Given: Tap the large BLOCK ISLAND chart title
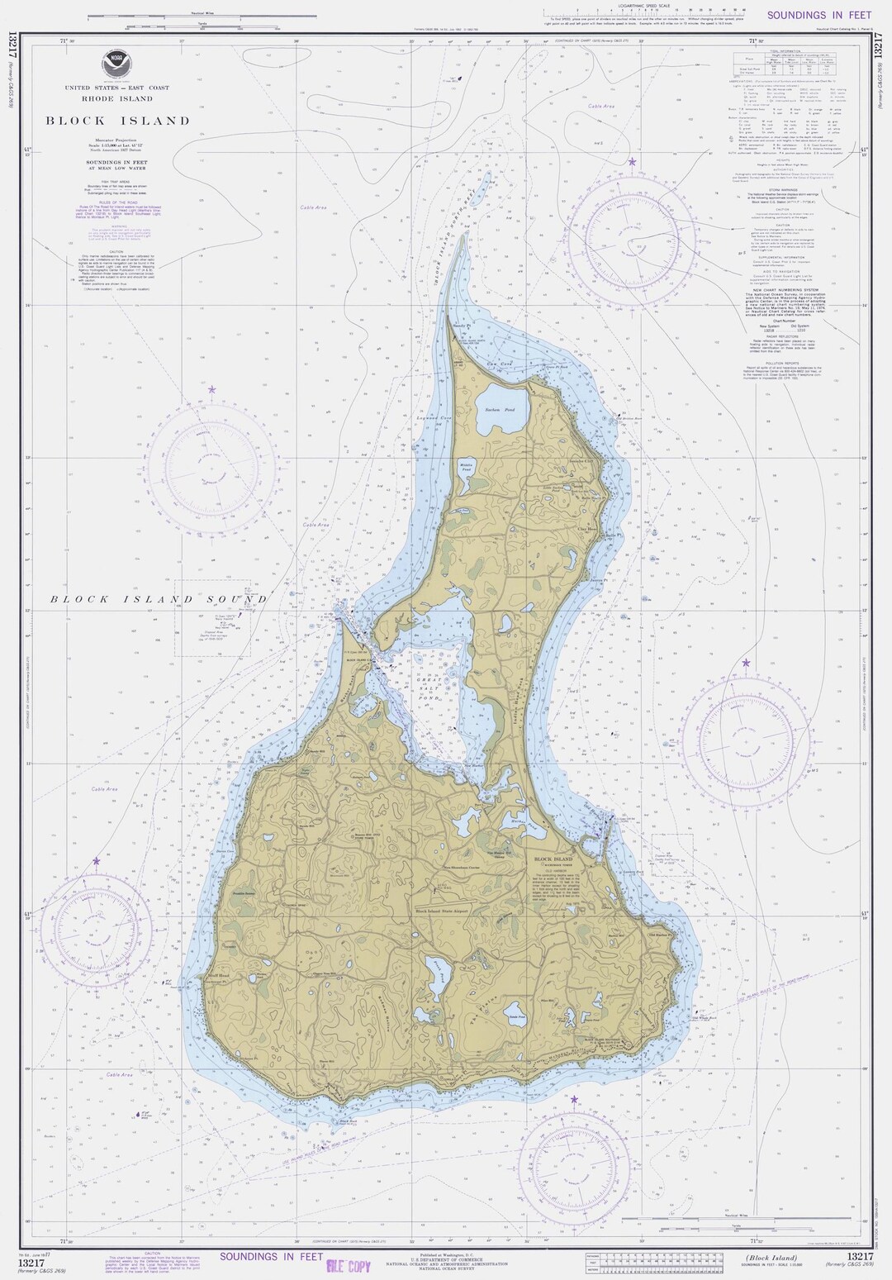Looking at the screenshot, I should click(x=117, y=121).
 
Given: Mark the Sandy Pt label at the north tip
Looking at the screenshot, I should click(x=461, y=326).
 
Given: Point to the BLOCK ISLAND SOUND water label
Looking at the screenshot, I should click(x=157, y=599).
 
